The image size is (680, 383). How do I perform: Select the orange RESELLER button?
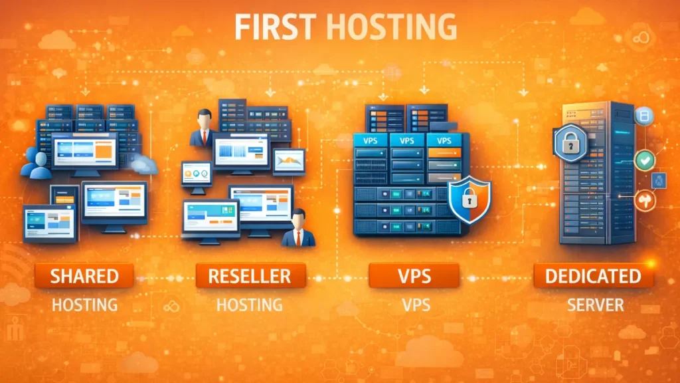[x=251, y=275]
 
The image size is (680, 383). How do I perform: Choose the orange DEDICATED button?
[x=594, y=275]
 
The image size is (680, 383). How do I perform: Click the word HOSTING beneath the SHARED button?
[x=84, y=305]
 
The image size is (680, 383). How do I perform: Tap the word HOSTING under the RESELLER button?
[x=250, y=305]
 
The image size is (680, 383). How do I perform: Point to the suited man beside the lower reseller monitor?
[x=298, y=229]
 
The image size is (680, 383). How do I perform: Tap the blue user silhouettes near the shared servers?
[x=37, y=163]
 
